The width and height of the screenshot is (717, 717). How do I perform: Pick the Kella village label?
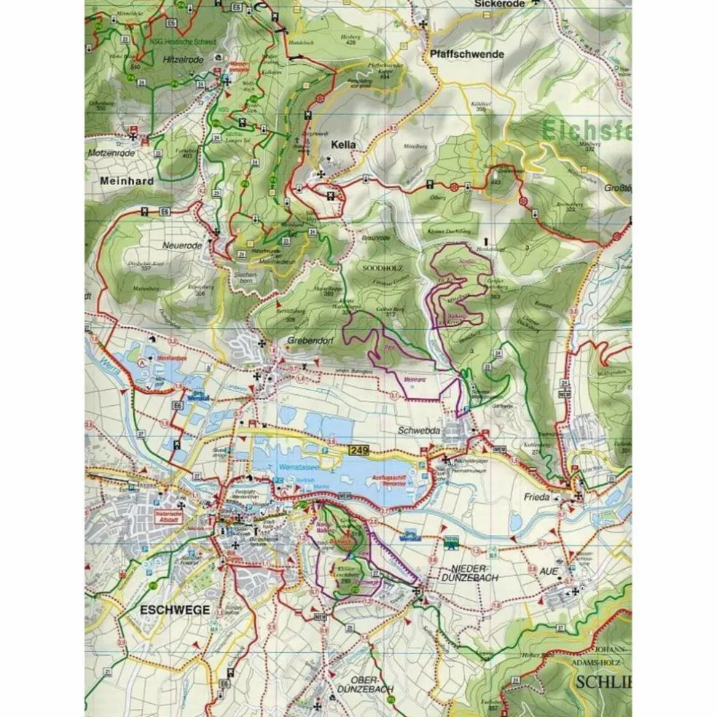pyautogui.click(x=343, y=145)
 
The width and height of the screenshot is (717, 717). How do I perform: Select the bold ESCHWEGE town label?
pyautogui.click(x=176, y=610)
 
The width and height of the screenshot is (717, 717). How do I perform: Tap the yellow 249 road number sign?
pyautogui.click(x=358, y=451)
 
